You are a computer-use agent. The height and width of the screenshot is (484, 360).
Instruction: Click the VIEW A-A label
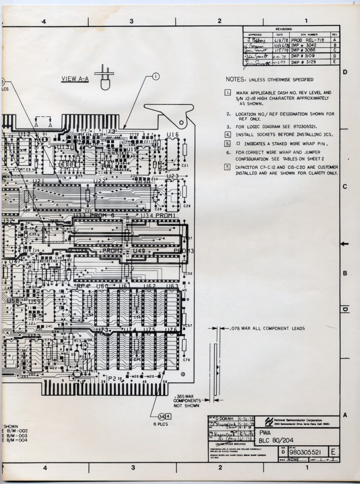coord(75,79)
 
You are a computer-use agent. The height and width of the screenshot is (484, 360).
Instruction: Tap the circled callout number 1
coord(156,77)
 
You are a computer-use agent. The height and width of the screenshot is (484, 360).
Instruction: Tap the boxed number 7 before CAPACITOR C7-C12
coord(228,167)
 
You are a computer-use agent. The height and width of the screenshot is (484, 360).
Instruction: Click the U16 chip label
coord(173,135)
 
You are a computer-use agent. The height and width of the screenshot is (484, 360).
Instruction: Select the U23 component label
coord(172,176)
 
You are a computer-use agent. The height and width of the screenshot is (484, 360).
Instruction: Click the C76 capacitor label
coord(186,360)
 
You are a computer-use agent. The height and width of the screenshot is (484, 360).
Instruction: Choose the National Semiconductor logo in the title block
coord(269,421)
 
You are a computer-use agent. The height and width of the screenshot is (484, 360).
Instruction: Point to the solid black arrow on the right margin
coord(346,243)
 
